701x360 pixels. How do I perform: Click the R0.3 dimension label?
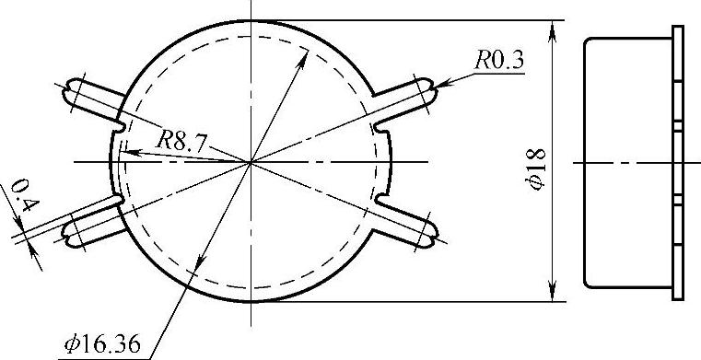click(x=498, y=60)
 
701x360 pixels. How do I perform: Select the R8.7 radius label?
click(x=181, y=142)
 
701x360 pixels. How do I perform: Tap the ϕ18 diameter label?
click(x=537, y=169)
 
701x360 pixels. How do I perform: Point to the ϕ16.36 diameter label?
click(x=103, y=344)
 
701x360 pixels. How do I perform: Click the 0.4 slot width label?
click(x=25, y=195)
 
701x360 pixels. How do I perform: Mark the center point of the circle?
click(x=251, y=162)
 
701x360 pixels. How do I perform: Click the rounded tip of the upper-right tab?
click(x=432, y=90)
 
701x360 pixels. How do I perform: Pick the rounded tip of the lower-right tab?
click(x=433, y=234)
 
